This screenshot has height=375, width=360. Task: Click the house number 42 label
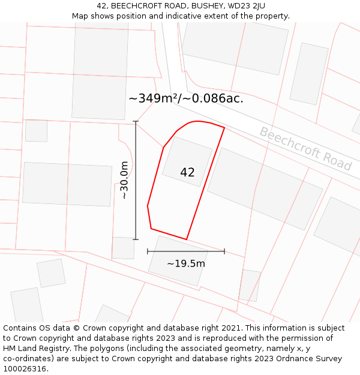click(187, 173)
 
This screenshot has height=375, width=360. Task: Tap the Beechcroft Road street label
click(305, 148)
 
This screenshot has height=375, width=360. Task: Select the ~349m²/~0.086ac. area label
click(186, 98)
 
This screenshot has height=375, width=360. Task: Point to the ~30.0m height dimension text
click(124, 180)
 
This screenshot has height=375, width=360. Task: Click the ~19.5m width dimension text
click(186, 263)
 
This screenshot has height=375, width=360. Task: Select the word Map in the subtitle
click(81, 16)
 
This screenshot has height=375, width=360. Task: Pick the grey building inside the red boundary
click(187, 161)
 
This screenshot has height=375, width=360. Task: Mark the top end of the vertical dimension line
click(136, 122)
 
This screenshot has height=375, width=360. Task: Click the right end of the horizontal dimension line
click(224, 251)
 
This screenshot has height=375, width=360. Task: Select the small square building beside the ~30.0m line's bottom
click(123, 248)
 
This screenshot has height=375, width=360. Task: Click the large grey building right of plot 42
click(265, 188)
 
